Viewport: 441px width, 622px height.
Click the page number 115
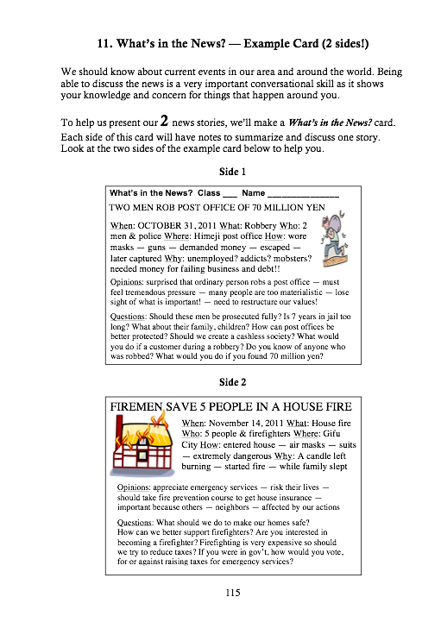(x=233, y=593)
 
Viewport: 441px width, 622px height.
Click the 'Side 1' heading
(x=233, y=172)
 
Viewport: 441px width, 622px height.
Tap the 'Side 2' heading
(x=233, y=382)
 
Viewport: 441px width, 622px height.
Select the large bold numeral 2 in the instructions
(x=164, y=121)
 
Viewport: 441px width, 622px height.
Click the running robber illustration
(x=334, y=239)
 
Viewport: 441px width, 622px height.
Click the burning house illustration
(x=142, y=443)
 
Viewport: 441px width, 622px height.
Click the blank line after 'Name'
(x=303, y=195)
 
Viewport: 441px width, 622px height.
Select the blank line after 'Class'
(x=230, y=195)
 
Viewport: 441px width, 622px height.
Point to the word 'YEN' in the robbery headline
(x=317, y=207)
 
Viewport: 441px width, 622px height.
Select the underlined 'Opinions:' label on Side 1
(x=127, y=282)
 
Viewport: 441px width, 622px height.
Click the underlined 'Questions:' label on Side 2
(x=135, y=523)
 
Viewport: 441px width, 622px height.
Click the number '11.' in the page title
(x=104, y=43)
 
